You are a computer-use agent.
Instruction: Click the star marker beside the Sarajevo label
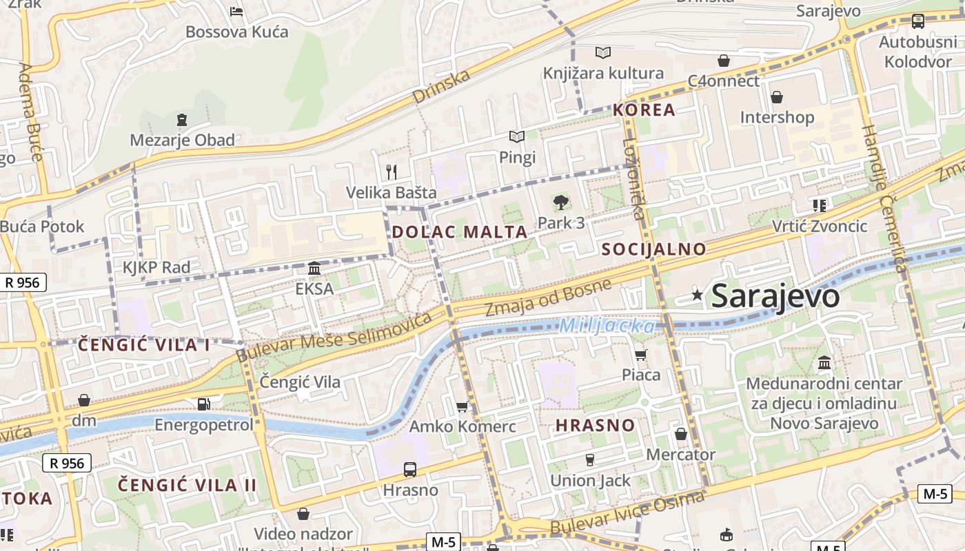(x=698, y=295)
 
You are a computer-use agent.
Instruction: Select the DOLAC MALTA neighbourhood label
(x=460, y=232)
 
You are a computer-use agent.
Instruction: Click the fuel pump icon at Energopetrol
(x=203, y=404)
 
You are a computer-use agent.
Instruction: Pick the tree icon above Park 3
(x=561, y=202)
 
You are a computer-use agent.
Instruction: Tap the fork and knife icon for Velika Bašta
(x=392, y=171)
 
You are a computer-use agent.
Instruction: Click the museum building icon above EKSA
(x=314, y=268)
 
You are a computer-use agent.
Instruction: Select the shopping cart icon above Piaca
(x=641, y=355)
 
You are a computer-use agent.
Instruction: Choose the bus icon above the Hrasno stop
(x=410, y=470)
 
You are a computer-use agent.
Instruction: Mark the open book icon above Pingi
(x=517, y=137)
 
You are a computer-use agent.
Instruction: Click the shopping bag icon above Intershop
(x=777, y=97)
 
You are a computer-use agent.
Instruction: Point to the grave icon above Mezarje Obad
(x=182, y=120)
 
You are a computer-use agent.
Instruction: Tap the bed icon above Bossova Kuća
(x=236, y=11)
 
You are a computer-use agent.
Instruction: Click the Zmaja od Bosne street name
(x=548, y=298)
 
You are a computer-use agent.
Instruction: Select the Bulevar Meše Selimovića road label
(x=334, y=337)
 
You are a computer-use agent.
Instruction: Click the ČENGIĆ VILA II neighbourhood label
(x=187, y=485)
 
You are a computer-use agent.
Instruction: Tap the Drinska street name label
(x=441, y=86)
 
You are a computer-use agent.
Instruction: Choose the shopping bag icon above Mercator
(x=680, y=434)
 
